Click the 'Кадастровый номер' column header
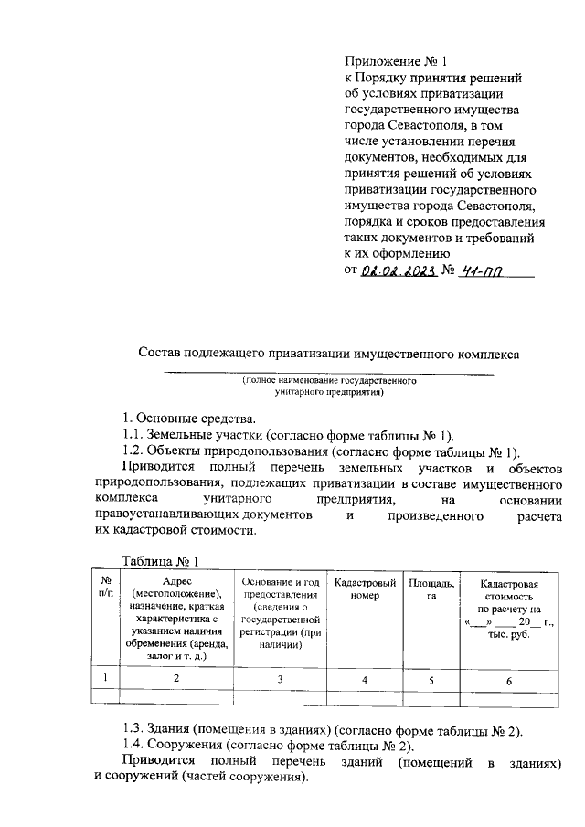365,588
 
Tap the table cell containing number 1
106,678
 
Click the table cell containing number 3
281,678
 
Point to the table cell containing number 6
509,679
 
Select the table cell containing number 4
365,679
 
